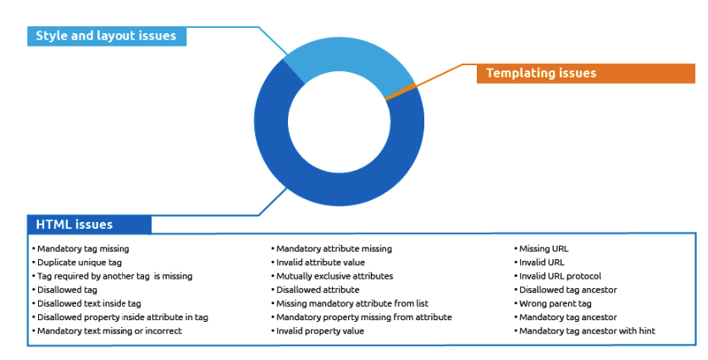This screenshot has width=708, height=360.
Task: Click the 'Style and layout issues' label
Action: tap(107, 36)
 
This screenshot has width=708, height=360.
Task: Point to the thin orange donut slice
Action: tap(400, 91)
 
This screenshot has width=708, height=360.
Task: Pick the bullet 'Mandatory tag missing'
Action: tap(83, 249)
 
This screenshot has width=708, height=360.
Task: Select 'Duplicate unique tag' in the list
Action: tap(80, 263)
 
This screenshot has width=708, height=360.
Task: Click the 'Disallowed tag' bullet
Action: tap(67, 290)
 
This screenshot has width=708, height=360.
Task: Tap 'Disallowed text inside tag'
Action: tap(89, 303)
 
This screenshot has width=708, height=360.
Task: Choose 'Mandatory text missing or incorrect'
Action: tap(109, 331)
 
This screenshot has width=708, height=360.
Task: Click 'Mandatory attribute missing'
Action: tap(335, 249)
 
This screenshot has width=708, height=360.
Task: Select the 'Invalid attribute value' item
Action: tap(321, 263)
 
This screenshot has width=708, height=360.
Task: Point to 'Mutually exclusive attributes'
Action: tap(335, 276)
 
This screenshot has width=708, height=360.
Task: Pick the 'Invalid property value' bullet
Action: tap(320, 331)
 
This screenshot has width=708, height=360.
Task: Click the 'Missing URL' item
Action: tap(544, 249)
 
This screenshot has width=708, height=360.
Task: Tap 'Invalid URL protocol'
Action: tap(561, 276)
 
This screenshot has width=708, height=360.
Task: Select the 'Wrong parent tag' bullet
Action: tap(556, 303)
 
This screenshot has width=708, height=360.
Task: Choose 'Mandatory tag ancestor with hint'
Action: tap(587, 331)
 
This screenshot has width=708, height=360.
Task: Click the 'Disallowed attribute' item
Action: tap(318, 290)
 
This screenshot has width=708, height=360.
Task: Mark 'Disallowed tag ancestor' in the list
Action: tap(568, 290)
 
